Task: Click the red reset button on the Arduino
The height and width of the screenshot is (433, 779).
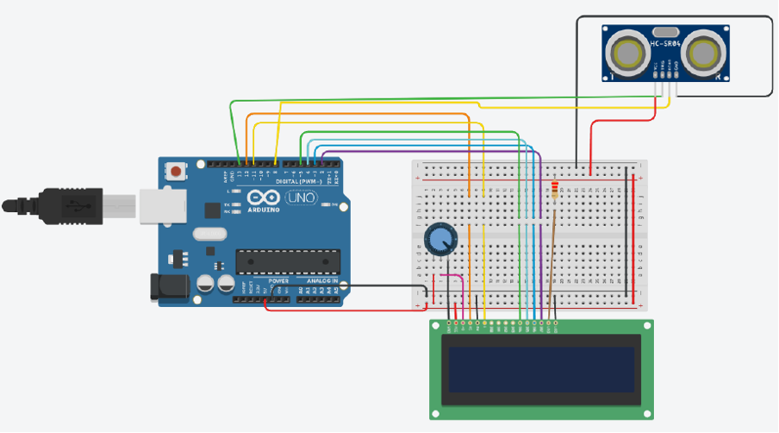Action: click(177, 171)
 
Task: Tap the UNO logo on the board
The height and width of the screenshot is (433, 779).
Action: click(302, 198)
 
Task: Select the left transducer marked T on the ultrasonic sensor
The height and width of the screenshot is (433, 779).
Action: click(625, 53)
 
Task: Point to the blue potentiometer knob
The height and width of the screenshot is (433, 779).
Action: click(440, 239)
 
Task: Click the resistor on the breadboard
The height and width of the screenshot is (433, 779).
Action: click(553, 188)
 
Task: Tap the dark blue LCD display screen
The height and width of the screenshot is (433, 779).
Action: click(540, 368)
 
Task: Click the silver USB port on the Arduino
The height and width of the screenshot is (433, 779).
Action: click(159, 208)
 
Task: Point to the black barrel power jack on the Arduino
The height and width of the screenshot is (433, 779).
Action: click(169, 287)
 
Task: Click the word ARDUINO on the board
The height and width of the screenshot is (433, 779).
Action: click(265, 210)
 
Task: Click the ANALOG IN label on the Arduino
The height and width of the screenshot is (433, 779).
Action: click(319, 281)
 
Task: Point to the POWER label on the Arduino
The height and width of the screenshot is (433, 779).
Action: click(278, 281)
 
